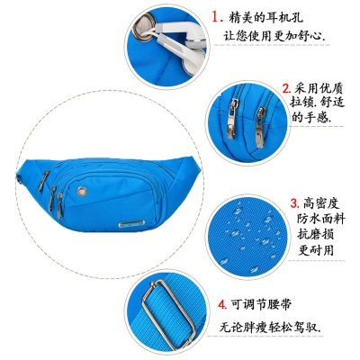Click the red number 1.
(217, 17)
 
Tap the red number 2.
(286, 88)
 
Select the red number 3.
(295, 203)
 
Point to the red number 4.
(222, 305)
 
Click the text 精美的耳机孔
(265, 17)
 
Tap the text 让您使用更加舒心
(274, 36)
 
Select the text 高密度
(321, 203)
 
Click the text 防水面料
(320, 219)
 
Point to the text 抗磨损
(316, 234)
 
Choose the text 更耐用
(316, 249)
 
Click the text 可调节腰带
(261, 305)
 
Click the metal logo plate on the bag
(131, 224)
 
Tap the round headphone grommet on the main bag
(81, 191)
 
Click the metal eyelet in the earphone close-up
(144, 31)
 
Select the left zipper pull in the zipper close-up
(232, 119)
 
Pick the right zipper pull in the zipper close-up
(260, 127)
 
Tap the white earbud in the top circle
(187, 45)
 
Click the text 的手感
(311, 117)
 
